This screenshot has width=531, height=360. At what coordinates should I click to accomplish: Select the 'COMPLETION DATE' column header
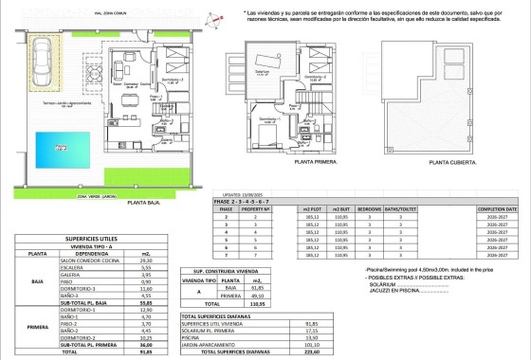pos(498,208)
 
